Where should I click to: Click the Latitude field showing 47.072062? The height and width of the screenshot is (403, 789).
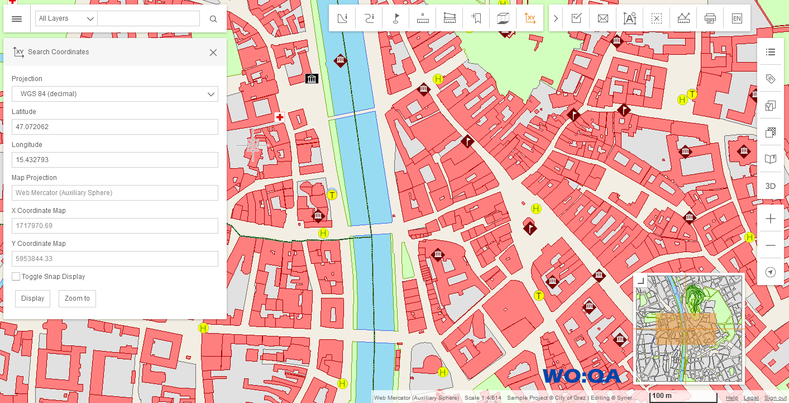(x=114, y=127)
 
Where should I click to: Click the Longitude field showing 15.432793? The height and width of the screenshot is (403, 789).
(x=114, y=160)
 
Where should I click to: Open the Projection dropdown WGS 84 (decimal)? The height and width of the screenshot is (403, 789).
(x=114, y=94)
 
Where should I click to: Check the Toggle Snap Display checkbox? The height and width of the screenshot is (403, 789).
(x=16, y=277)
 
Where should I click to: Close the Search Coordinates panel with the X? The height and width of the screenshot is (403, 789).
(x=213, y=53)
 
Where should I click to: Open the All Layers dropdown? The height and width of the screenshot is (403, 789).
(x=66, y=18)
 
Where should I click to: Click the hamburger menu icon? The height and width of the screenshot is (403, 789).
(x=17, y=19)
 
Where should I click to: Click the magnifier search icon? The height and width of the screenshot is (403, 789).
(x=213, y=19)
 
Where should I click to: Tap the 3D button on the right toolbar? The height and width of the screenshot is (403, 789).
(x=770, y=186)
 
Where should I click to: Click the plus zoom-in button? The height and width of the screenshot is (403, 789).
(x=771, y=219)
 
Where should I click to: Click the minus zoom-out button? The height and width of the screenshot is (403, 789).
(x=771, y=245)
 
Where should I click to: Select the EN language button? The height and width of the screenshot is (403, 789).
(x=737, y=18)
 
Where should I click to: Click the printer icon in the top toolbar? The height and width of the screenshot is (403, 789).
(x=710, y=18)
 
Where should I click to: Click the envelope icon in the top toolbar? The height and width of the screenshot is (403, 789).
(x=602, y=18)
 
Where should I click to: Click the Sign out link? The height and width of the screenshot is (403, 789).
(x=775, y=398)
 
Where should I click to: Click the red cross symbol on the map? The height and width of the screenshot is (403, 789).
(x=280, y=117)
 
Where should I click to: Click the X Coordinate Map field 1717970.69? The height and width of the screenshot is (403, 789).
(x=114, y=226)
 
